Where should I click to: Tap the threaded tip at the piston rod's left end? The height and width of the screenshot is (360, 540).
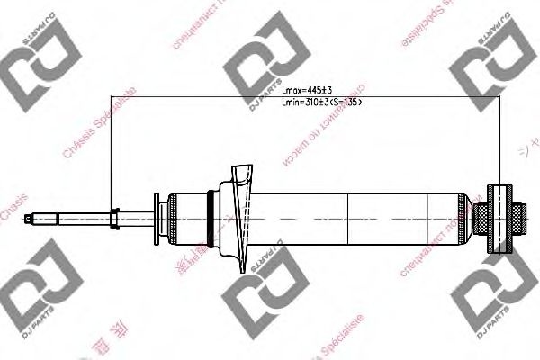35,216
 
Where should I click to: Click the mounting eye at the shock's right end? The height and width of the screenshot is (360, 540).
499,216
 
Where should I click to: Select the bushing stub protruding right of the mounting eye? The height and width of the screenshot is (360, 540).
519,216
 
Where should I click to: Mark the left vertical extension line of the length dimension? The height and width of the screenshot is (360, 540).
110,153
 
